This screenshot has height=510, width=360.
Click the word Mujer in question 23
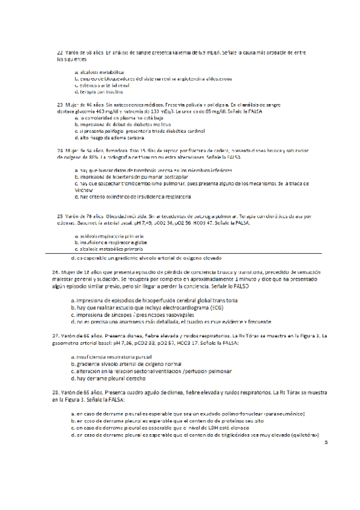[73, 105]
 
